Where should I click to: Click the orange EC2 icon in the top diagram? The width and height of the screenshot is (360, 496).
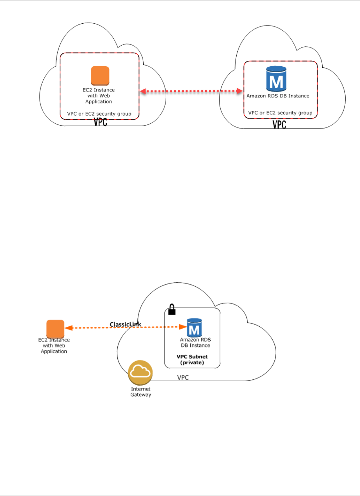tap(100, 76)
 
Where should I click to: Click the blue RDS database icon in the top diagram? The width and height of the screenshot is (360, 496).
tap(276, 79)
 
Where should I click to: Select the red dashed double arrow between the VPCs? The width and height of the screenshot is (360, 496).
tap(191, 91)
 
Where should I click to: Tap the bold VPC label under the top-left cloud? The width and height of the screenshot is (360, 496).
tap(100, 122)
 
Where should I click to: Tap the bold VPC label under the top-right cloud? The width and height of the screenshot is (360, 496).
tap(279, 124)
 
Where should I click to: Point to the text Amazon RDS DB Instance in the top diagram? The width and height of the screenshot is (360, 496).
tap(278, 96)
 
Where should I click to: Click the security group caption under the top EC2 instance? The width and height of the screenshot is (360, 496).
tap(99, 114)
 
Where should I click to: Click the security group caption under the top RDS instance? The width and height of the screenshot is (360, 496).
tap(280, 113)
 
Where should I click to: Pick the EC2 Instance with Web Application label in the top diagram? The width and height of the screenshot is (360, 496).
tap(99, 96)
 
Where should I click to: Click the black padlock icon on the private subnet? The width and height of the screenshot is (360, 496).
tap(172, 310)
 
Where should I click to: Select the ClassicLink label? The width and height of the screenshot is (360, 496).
tap(125, 324)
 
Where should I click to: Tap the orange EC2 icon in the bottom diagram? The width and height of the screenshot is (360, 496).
tap(55, 329)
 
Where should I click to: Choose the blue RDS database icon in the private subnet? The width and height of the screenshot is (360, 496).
tap(194, 328)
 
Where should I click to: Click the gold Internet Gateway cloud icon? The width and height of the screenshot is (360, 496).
tap(140, 372)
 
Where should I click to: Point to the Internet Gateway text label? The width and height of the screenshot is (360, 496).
tap(141, 392)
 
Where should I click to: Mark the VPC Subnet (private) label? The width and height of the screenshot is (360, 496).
tap(192, 359)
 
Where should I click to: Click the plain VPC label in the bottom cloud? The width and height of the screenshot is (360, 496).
tap(183, 377)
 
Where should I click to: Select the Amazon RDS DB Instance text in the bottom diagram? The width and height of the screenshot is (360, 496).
tap(195, 342)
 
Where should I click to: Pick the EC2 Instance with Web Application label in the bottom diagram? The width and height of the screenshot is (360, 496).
tap(54, 346)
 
